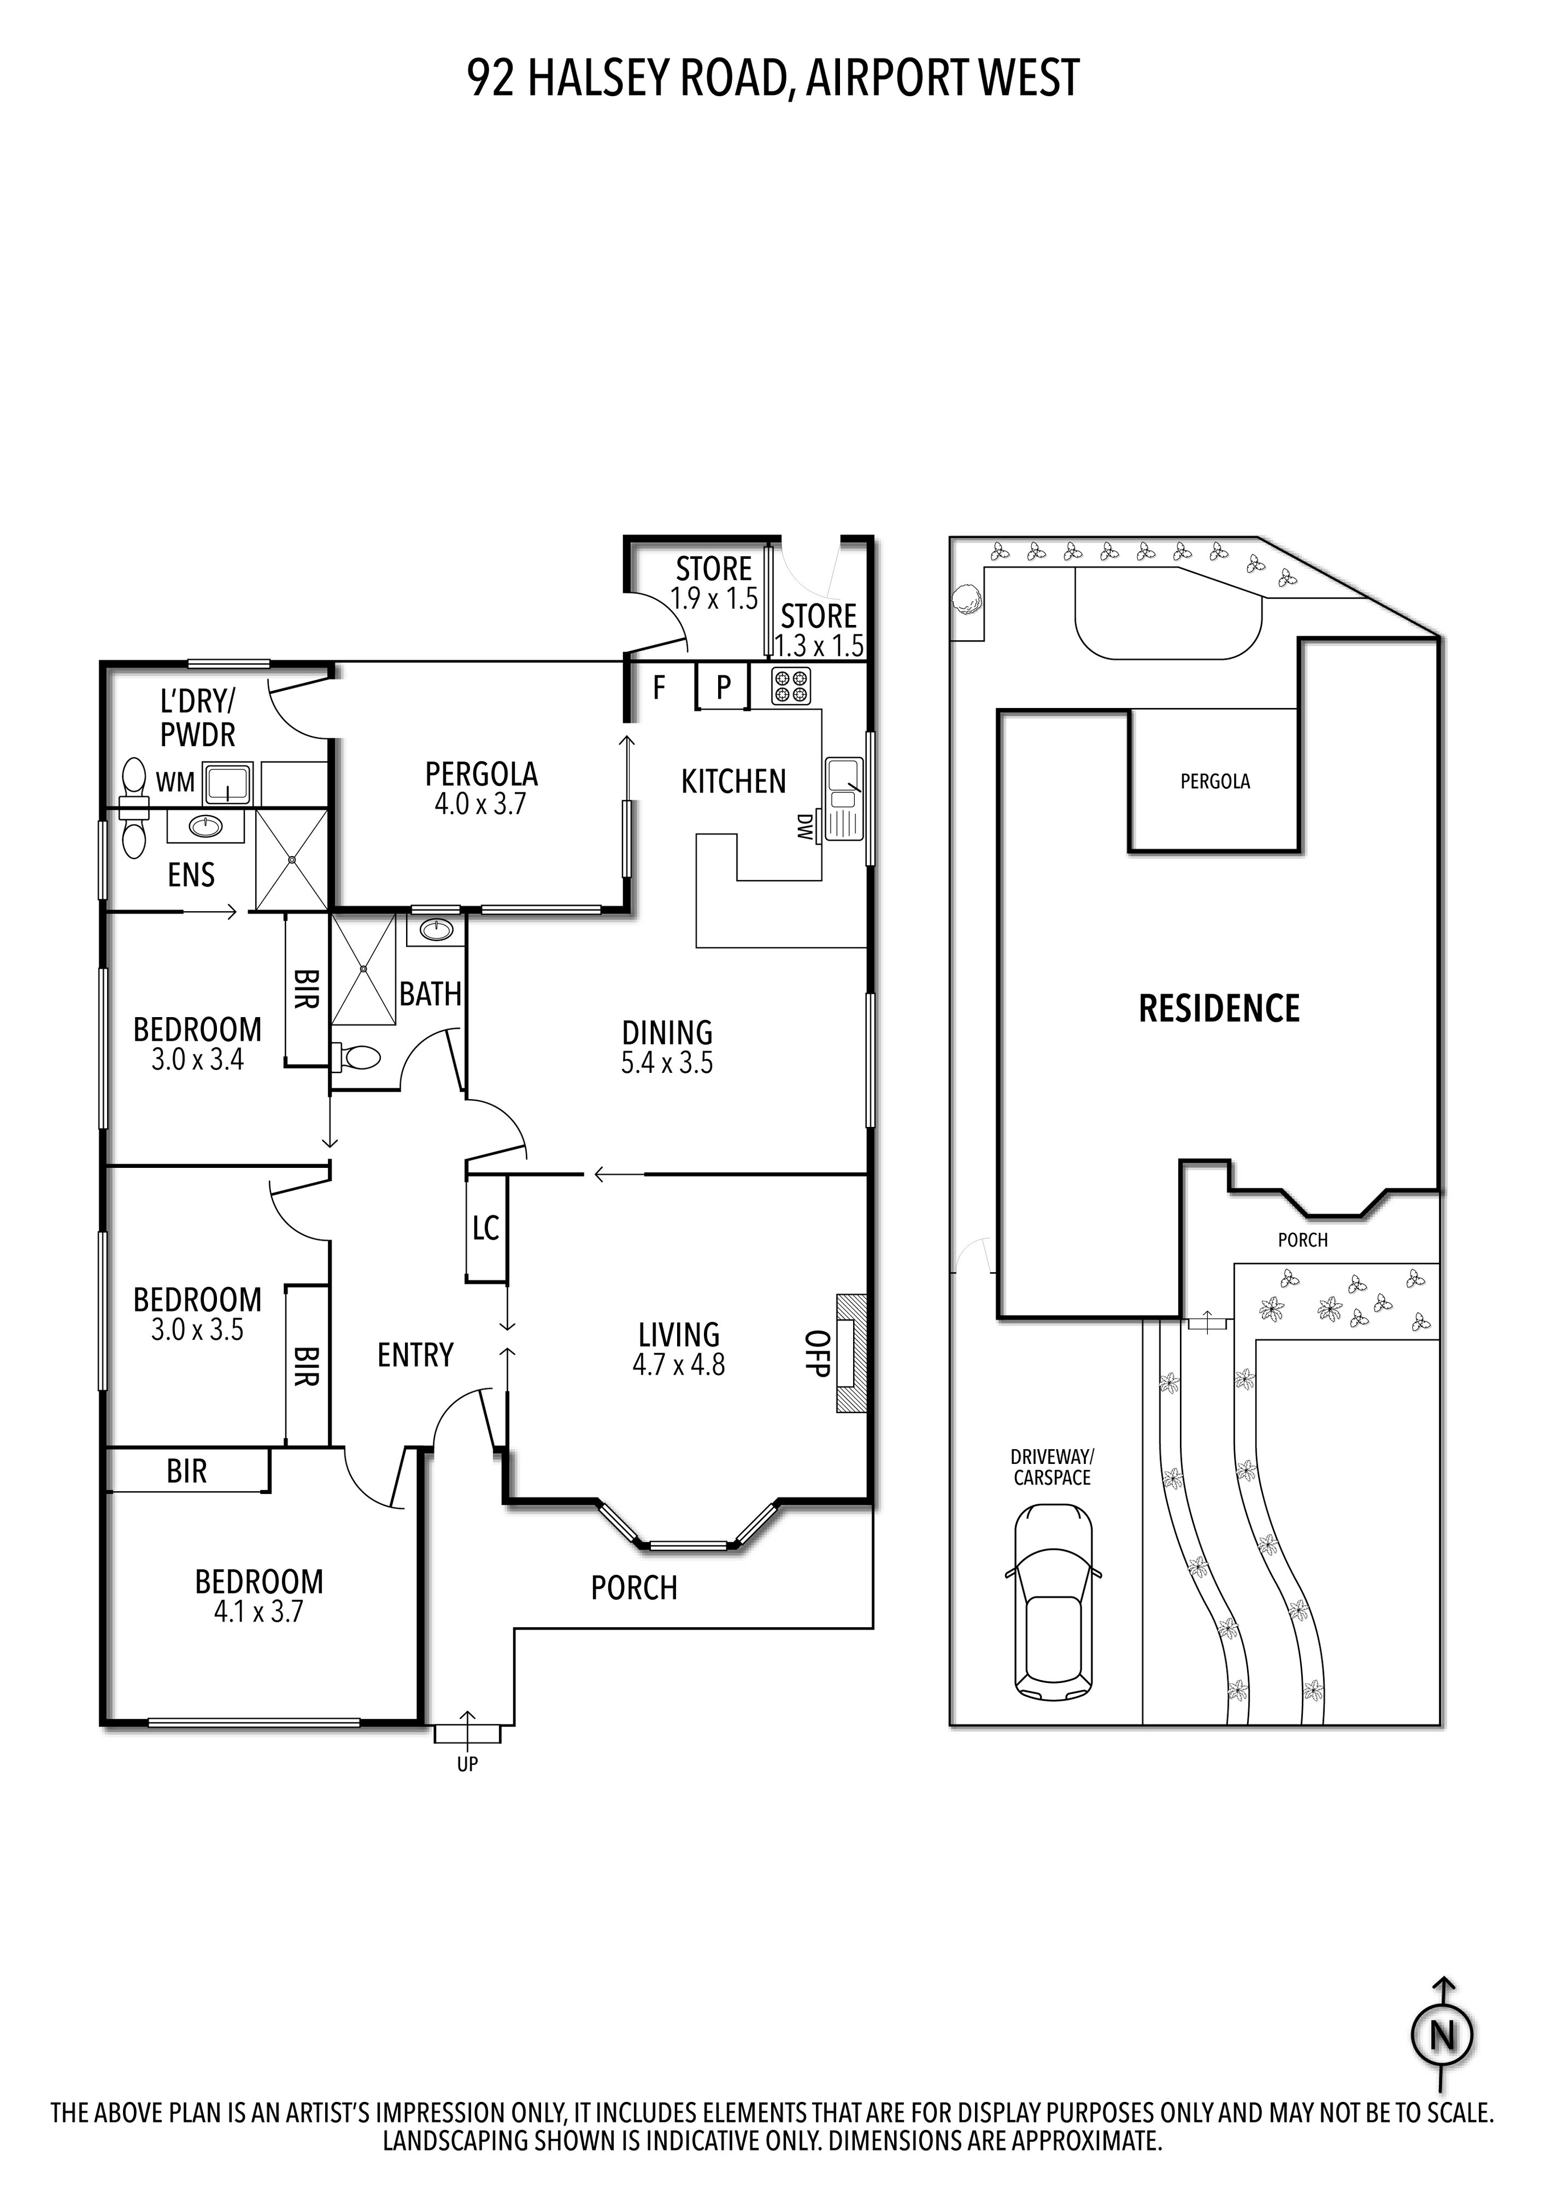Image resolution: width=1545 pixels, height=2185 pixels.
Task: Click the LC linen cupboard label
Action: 486,1229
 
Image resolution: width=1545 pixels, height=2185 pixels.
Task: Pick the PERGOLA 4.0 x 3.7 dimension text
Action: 481,804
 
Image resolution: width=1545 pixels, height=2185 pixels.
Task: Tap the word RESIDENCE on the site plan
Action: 1219,1009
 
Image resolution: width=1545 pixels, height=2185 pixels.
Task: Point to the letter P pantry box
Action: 723,687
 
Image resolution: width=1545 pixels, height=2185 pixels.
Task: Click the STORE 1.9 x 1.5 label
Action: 714,582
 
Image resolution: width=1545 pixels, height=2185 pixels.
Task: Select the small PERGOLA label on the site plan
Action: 1215,781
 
